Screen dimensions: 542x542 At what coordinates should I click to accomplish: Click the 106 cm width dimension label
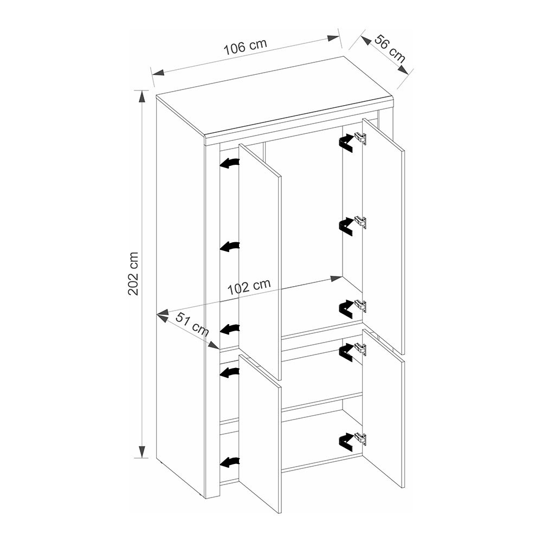(x=246, y=47)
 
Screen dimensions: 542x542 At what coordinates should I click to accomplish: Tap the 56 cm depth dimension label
(x=390, y=49)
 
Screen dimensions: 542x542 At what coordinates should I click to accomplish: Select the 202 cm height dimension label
(x=133, y=273)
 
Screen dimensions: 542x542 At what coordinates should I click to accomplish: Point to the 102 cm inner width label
(x=249, y=287)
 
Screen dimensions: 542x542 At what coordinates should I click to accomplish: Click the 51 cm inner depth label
(x=192, y=324)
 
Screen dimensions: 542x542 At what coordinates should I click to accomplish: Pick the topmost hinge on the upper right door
(x=360, y=139)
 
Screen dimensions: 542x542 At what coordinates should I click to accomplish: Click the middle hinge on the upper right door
(x=360, y=222)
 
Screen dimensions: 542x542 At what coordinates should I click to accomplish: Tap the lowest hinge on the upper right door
(x=360, y=305)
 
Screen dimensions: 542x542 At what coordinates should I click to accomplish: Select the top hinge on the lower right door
(x=360, y=349)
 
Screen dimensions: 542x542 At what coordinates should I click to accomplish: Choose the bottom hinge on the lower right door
(x=360, y=438)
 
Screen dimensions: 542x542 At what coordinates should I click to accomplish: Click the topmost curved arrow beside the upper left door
(x=229, y=163)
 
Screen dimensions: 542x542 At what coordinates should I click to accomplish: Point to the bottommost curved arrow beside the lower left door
(x=229, y=462)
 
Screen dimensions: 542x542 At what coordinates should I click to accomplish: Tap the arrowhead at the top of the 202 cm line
(x=141, y=96)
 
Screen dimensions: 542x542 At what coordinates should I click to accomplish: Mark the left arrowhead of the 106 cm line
(x=158, y=73)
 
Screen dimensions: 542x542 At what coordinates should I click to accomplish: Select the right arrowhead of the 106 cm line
(x=333, y=38)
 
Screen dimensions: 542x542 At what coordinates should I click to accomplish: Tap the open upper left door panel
(x=260, y=262)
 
